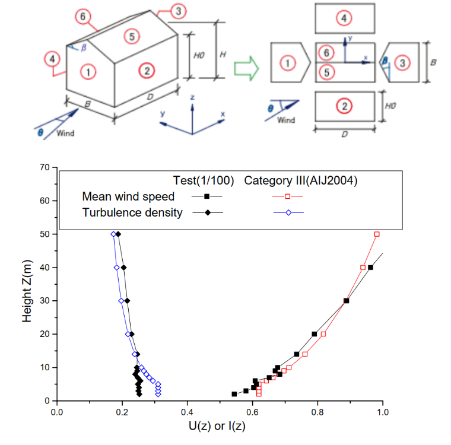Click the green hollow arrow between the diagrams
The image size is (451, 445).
(246, 68)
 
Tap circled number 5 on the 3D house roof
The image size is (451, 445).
(132, 37)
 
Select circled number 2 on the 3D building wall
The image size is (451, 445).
(147, 71)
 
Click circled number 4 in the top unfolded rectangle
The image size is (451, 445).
(344, 18)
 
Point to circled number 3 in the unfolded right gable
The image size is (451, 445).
(402, 63)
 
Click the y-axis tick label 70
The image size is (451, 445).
(45, 167)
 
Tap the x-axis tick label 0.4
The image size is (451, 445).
(188, 412)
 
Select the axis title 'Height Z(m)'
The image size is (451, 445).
(27, 291)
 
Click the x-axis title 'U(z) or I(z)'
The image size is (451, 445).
(217, 426)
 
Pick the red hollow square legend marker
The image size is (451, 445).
(287, 196)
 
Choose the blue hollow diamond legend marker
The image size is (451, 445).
(288, 212)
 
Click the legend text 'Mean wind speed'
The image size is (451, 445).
(128, 196)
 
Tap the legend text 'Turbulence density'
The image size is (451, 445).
(132, 212)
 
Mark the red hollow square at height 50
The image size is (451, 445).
(377, 234)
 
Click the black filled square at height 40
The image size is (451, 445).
(370, 268)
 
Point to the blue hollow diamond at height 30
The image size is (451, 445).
(122, 301)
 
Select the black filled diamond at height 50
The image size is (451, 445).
(118, 234)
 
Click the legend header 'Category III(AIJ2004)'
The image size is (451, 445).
(301, 180)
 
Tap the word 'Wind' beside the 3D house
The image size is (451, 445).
(65, 133)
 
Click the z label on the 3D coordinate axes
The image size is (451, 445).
(192, 97)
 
